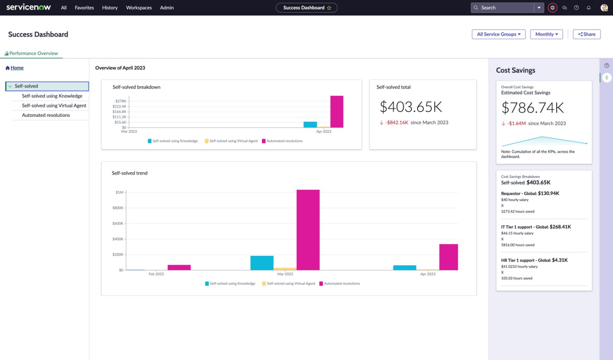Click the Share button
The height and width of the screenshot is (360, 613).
(586, 34)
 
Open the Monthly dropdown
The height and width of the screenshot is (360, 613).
(546, 34)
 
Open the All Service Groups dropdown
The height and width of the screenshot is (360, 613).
(498, 34)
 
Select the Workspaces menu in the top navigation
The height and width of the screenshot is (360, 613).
(139, 8)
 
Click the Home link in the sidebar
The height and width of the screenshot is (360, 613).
(17, 68)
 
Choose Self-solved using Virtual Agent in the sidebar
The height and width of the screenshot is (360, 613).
(54, 106)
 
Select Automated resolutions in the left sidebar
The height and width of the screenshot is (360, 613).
(46, 115)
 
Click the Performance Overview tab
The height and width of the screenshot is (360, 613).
(33, 53)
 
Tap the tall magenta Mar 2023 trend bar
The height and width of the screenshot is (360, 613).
(308, 230)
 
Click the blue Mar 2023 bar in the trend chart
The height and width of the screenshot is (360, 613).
(262, 263)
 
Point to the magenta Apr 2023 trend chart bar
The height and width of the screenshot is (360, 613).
(448, 257)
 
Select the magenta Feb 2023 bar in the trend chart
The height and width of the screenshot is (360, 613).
(179, 268)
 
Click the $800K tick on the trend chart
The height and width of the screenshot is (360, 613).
(118, 208)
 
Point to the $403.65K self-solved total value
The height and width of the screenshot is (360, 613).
(410, 107)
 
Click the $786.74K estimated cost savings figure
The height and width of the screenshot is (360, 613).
(532, 108)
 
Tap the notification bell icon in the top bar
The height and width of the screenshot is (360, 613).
(588, 8)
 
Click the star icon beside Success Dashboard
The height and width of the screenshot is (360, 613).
(329, 8)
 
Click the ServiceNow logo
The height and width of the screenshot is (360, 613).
(29, 7)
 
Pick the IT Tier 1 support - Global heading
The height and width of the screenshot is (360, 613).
(536, 227)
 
